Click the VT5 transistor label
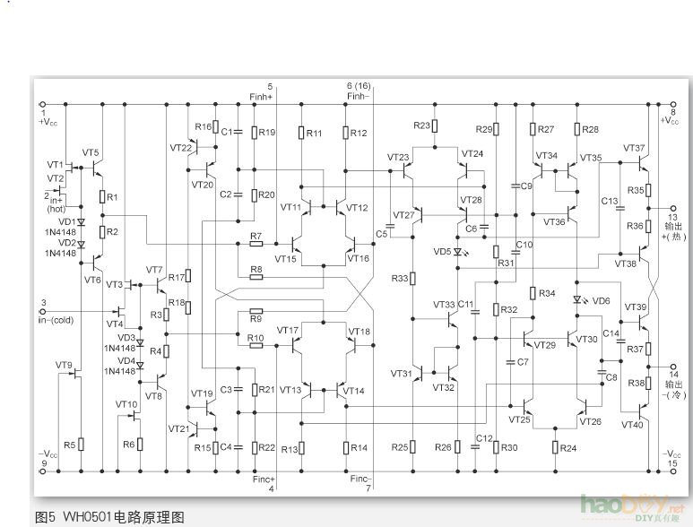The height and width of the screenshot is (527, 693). pyautogui.click(x=91, y=152)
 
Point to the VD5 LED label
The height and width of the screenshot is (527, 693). pyautogui.click(x=442, y=252)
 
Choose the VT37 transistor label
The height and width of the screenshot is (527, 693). pyautogui.click(x=634, y=148)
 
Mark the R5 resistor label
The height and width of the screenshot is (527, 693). pyautogui.click(x=69, y=445)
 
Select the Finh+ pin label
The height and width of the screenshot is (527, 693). pyautogui.click(x=260, y=95)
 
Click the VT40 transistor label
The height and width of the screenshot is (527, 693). pyautogui.click(x=633, y=425)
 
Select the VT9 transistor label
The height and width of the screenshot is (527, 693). pyautogui.click(x=64, y=365)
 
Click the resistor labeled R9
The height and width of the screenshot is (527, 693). pyautogui.click(x=256, y=318)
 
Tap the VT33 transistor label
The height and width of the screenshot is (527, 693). pyautogui.click(x=444, y=305)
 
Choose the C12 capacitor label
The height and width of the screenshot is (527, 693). pyautogui.click(x=484, y=437)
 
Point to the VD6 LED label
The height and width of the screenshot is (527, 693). pyautogui.click(x=601, y=301)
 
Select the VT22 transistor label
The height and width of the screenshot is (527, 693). pyautogui.click(x=181, y=147)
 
